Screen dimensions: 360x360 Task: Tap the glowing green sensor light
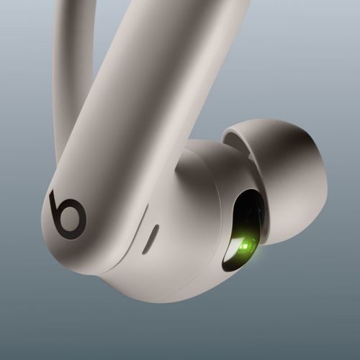coord(245,247)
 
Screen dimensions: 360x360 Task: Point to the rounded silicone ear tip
coord(288,173)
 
